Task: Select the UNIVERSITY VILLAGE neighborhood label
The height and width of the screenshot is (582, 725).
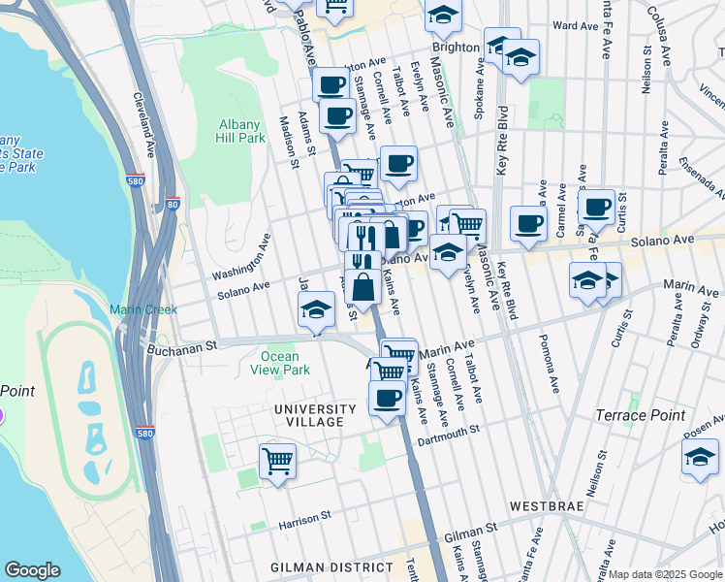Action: pyautogui.click(x=307, y=415)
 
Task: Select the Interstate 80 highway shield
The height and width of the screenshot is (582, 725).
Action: pyautogui.click(x=173, y=204)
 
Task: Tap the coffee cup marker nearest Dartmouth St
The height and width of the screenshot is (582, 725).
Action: pyautogui.click(x=388, y=398)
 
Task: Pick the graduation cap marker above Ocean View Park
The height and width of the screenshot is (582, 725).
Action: pyautogui.click(x=316, y=311)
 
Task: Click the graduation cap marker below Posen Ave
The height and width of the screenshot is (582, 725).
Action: pyautogui.click(x=700, y=457)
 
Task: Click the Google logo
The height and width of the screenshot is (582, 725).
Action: pyautogui.click(x=33, y=570)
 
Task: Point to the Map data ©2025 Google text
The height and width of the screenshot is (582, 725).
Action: pyautogui.click(x=664, y=574)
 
